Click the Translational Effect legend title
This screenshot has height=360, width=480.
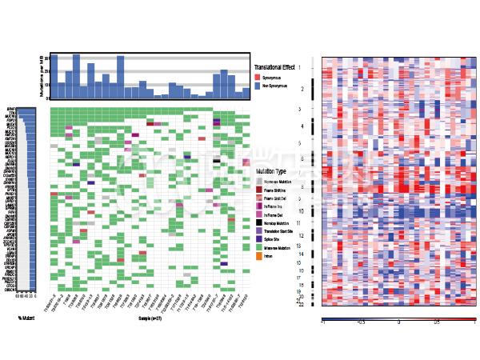[274, 66]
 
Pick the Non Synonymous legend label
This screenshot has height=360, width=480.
[275, 84]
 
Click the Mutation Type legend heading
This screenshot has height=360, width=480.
[270, 172]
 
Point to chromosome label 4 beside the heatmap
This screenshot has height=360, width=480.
[300, 126]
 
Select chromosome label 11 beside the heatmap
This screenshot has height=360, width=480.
[298, 223]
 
